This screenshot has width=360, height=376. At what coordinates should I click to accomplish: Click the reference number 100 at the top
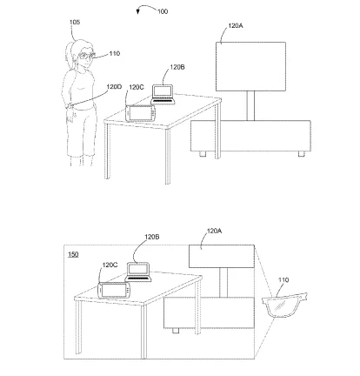pos(163,11)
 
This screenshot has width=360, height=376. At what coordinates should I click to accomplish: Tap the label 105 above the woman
pos(75,22)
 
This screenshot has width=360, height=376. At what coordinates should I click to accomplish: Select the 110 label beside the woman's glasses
pos(115,54)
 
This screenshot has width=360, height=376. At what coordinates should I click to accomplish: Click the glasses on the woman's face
pos(87,55)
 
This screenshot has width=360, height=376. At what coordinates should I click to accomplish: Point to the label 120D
pos(114,86)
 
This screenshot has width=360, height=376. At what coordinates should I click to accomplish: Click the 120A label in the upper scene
pos(236,25)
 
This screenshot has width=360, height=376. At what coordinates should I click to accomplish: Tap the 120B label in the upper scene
pos(177,67)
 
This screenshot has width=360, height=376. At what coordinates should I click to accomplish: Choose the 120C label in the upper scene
pos(137,87)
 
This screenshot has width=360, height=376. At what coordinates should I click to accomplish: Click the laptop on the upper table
pos(163,94)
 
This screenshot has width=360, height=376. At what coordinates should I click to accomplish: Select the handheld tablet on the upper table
pos(141,113)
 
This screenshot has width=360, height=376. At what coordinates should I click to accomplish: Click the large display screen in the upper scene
pos(250,66)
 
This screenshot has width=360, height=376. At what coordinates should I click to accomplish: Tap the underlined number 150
pos(73,254)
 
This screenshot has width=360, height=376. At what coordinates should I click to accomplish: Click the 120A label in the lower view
pos(214,231)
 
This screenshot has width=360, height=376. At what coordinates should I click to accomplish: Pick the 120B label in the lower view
pos(152,237)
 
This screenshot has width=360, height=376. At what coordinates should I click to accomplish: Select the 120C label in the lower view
pos(110,265)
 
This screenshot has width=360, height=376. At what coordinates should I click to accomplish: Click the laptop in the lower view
pos(138,272)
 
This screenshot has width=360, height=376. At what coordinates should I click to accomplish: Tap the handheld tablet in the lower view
pos(114,290)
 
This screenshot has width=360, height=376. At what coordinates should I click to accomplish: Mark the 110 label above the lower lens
pos(283,280)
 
